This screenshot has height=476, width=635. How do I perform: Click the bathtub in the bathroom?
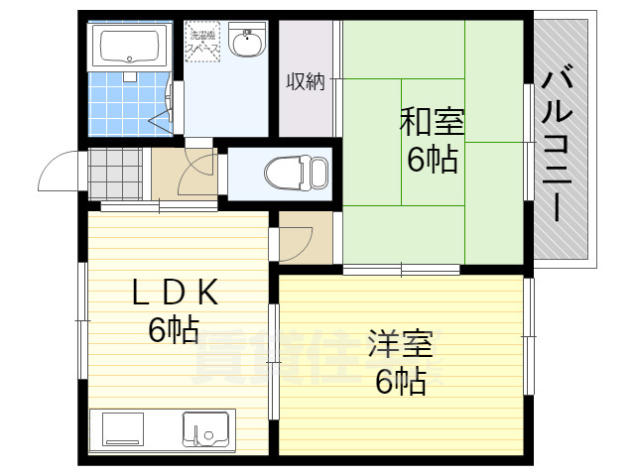126,46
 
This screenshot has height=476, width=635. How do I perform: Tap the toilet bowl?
296,172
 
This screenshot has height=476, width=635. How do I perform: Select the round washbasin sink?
245,44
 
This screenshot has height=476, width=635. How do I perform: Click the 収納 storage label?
306,81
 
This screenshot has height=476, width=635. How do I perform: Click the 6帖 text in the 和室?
432,159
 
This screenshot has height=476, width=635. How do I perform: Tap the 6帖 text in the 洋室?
400,382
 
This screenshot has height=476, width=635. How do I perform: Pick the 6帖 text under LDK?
174,330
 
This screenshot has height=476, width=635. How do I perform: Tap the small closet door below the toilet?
297,238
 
